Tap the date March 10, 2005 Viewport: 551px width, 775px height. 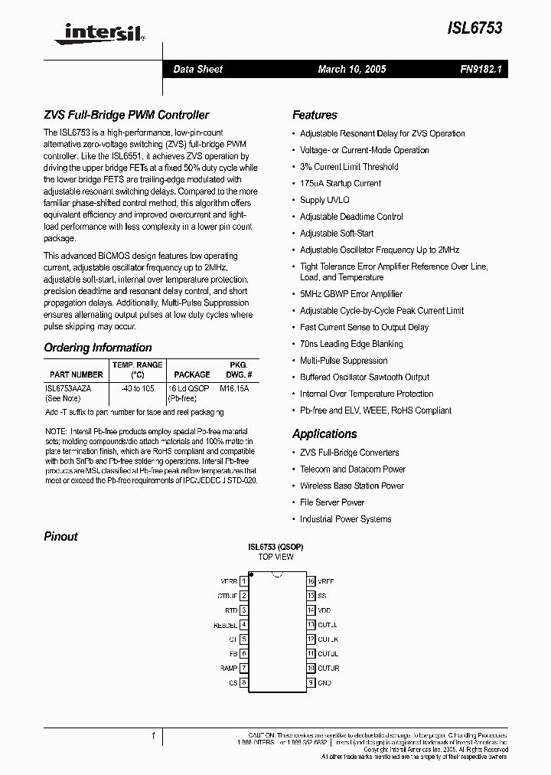351,69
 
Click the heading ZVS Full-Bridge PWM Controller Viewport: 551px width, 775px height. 126,115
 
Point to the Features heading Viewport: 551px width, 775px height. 315,115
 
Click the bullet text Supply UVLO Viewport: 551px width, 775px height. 324,200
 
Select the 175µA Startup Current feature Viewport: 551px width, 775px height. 341,183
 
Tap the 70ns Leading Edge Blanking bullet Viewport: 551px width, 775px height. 350,344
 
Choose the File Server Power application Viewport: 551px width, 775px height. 332,502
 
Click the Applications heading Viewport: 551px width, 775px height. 324,433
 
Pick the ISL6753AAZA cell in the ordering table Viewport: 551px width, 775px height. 68,389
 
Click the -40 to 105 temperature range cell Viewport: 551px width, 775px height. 137,389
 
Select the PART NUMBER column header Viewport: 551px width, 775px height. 75,374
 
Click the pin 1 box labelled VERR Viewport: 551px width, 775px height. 243,581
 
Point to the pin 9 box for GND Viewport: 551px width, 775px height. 311,682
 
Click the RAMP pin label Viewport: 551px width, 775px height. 227,668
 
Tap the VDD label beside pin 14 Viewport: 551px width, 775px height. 324,610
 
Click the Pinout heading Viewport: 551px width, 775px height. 61,536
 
